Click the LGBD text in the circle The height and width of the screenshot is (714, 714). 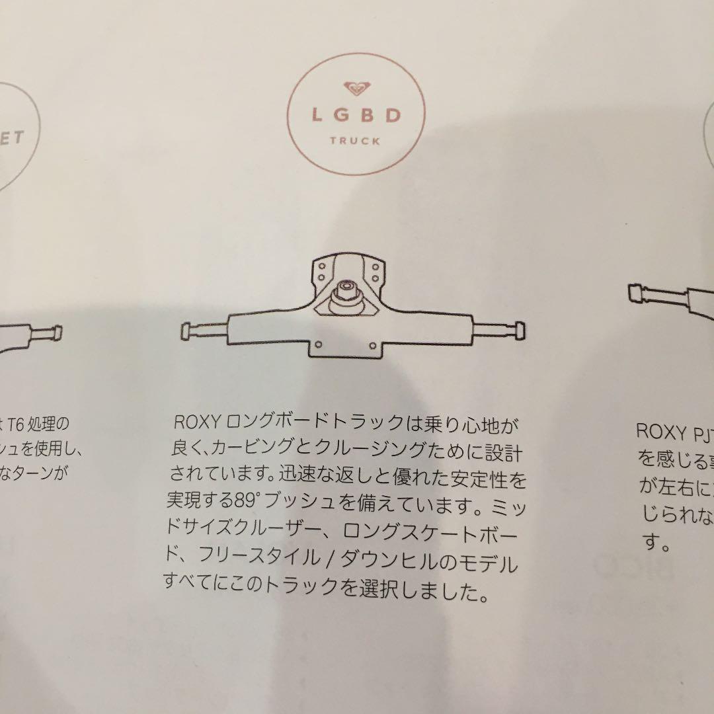click(x=357, y=115)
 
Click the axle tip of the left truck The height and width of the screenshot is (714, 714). click(x=58, y=331)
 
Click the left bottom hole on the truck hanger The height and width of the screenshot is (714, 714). click(x=318, y=344)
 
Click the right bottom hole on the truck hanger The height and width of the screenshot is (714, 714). click(x=373, y=344)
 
